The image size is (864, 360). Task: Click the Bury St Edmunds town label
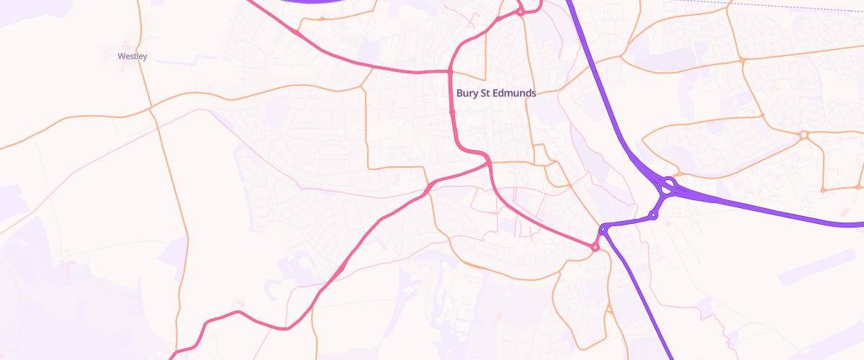coord(496,94)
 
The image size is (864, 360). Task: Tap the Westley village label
coord(132,56)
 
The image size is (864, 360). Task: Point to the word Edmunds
coord(513,94)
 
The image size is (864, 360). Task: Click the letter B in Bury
coord(459,94)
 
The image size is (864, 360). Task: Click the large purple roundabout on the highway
coord(667,186)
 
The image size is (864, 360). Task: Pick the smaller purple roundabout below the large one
coord(653,215)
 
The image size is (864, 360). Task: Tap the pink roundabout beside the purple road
coord(595,247)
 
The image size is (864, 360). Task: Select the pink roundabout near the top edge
coord(519,11)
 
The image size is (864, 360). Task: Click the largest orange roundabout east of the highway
coord(804,135)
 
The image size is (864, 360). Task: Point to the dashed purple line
coord(792,6)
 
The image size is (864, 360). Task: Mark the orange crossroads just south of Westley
coord(150,109)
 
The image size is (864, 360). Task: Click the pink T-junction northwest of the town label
coord(449,72)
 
